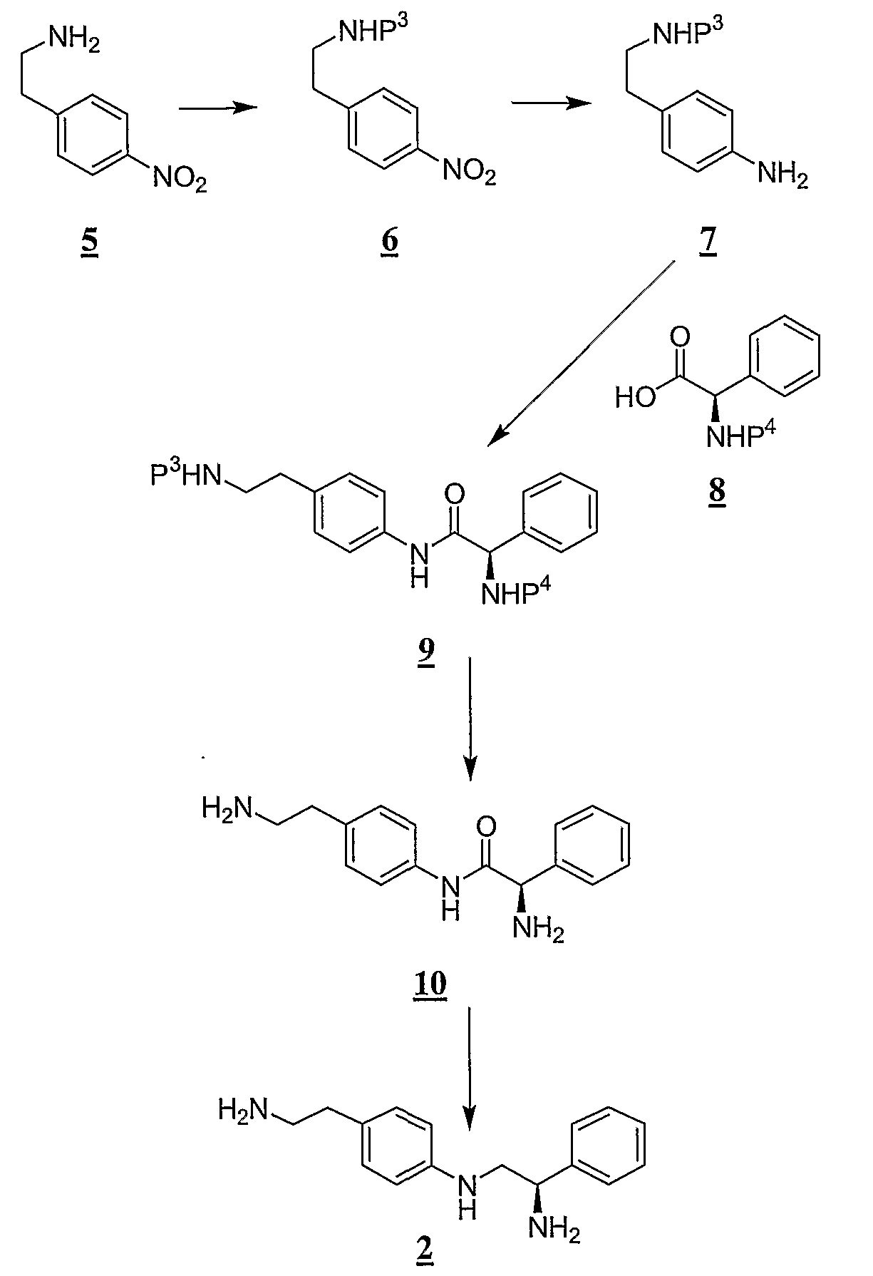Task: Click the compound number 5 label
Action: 89,244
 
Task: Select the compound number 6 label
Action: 389,242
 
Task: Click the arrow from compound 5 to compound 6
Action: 217,108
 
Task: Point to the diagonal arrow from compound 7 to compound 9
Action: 582,354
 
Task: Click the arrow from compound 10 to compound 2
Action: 469,1069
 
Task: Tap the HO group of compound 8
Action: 635,398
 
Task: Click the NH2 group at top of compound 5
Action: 74,40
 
